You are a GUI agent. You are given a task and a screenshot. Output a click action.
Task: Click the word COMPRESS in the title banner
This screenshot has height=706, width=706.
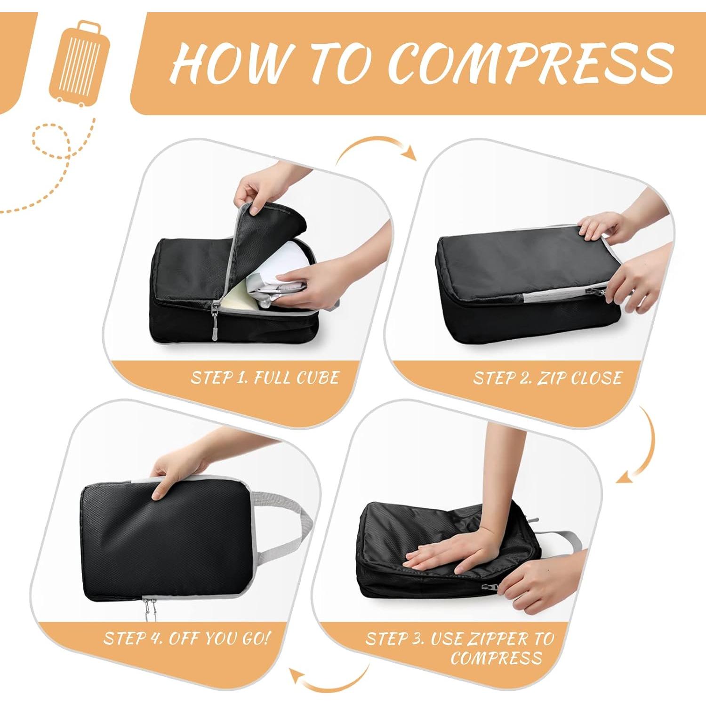pos(531,63)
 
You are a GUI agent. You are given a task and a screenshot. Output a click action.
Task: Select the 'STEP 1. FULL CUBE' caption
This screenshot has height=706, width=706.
pos(265,378)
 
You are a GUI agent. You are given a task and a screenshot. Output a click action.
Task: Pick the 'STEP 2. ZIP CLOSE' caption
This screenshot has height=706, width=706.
pos(547,378)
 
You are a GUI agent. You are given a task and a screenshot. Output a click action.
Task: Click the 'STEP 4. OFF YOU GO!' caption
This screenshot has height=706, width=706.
pos(187,638)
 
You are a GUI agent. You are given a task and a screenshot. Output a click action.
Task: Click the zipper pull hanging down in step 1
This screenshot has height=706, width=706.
pos(215,322)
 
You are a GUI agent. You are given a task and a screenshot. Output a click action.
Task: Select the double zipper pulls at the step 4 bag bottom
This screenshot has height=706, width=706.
pos(150,607)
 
